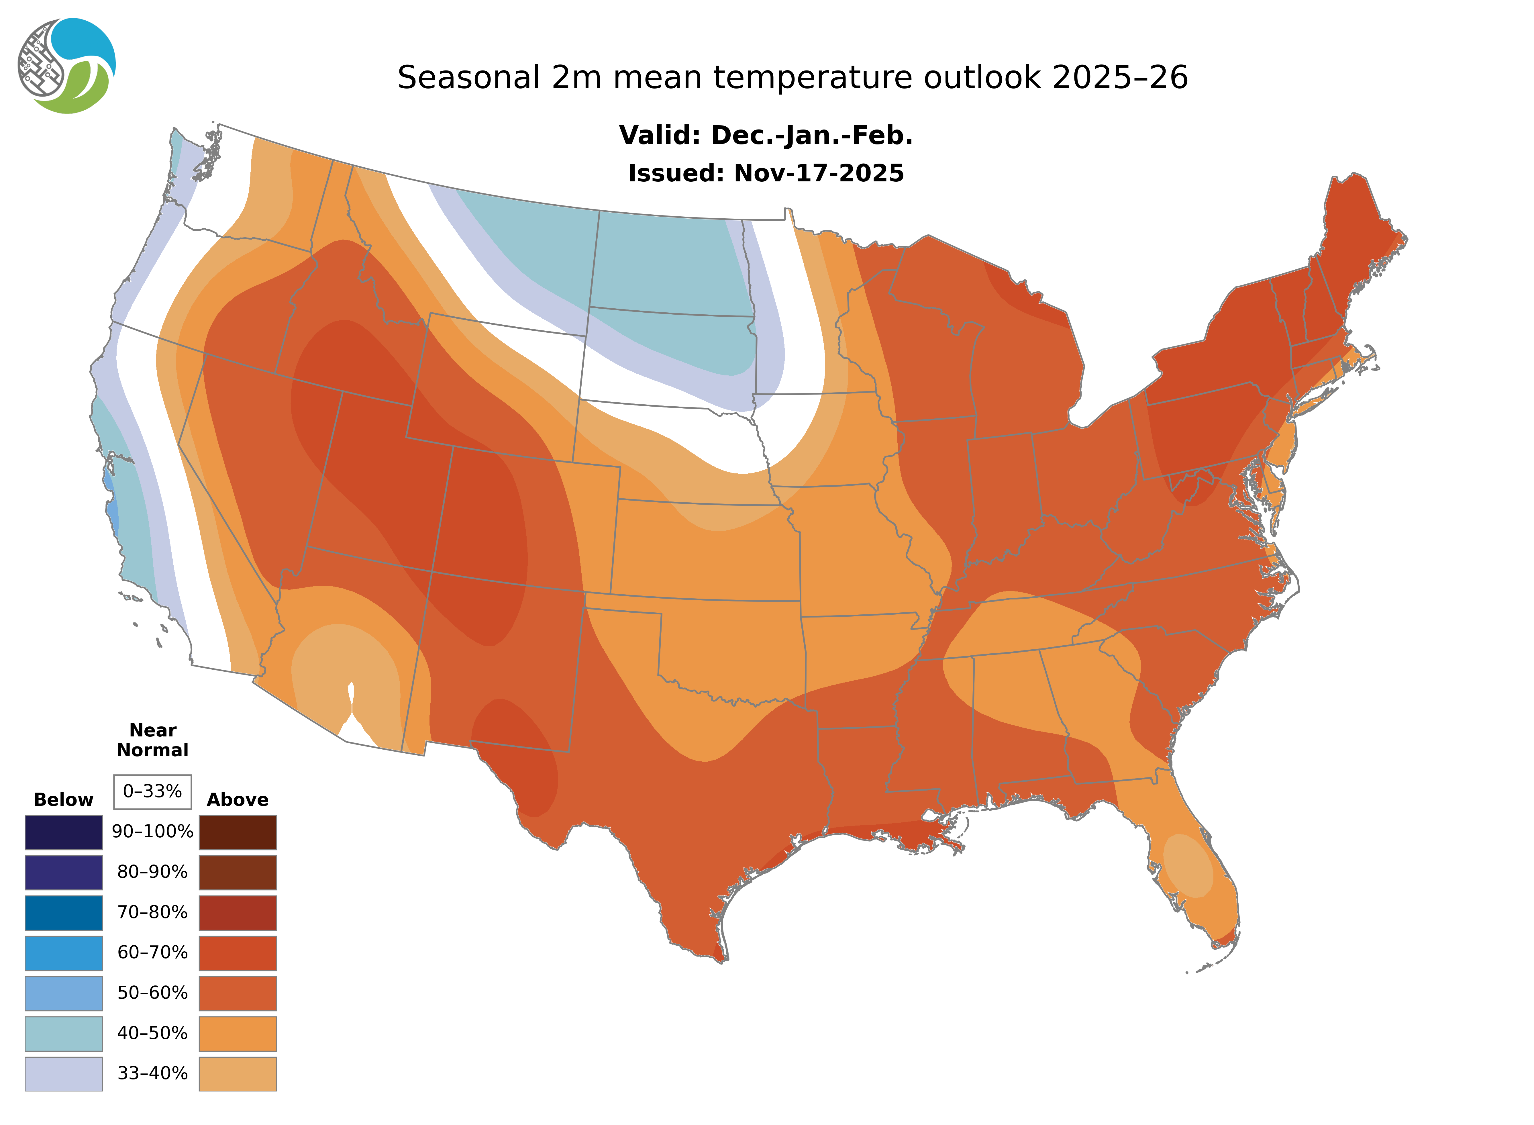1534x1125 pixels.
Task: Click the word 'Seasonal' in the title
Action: pos(468,78)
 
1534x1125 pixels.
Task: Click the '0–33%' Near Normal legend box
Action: pos(152,791)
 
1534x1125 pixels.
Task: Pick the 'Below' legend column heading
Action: pos(63,799)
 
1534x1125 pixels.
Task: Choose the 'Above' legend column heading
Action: pos(238,799)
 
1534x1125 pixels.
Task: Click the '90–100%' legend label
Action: pos(152,832)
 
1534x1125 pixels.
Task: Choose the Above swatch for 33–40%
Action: pos(238,1073)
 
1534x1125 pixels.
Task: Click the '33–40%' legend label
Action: pos(152,1073)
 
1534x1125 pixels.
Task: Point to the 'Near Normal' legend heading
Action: pos(152,740)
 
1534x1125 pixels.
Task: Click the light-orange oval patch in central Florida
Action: pos(1188,865)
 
